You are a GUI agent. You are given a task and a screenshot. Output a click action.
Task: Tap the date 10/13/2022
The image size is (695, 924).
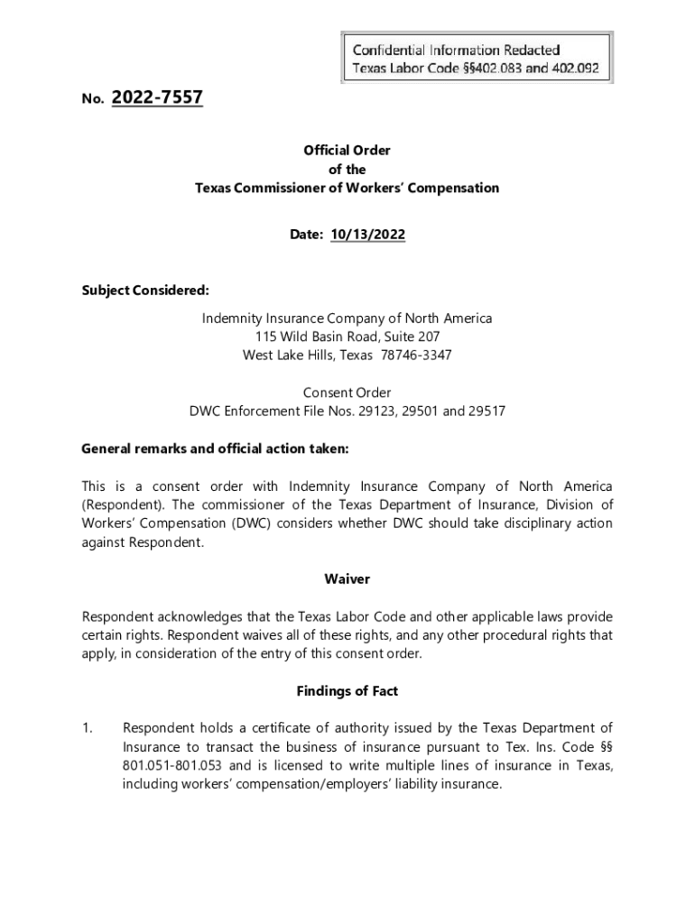(367, 235)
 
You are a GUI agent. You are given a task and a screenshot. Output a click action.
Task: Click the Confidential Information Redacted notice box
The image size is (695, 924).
(477, 58)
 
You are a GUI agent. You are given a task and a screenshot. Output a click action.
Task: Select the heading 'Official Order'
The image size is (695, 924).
(347, 151)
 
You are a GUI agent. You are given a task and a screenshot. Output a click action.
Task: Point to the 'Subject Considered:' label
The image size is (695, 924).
(145, 291)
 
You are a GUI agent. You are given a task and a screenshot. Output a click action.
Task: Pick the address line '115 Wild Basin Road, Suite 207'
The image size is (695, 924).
(347, 337)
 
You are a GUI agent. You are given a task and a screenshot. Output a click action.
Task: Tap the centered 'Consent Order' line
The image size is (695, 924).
(347, 393)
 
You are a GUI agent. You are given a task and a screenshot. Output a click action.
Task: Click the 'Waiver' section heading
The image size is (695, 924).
(347, 578)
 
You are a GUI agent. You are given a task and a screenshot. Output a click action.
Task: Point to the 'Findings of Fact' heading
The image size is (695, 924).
(347, 691)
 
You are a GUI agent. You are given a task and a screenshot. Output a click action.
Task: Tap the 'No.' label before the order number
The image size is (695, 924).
(90, 100)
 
